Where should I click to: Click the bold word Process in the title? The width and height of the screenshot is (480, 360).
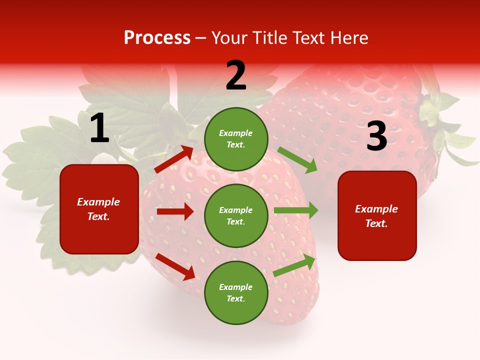coord(157,38)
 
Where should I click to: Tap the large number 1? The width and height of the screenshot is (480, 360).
coord(99,129)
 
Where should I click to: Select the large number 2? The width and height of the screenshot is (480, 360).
coord(236,75)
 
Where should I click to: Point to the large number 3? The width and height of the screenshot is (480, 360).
coord(376,136)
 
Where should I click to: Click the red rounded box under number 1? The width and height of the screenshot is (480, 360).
coord(99,209)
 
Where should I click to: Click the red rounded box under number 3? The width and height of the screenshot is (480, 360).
coord(377,215)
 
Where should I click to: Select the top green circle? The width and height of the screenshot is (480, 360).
coord(236,139)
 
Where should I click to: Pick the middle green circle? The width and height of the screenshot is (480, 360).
coord(236,215)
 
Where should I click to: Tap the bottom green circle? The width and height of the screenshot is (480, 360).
coord(236,292)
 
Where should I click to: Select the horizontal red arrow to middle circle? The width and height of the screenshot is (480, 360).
coord(175,211)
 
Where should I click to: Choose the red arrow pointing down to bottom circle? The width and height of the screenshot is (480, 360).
coord(175,266)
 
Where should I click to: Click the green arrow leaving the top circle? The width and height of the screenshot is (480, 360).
coord(297,160)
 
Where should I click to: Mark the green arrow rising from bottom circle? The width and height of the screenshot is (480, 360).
coord(294,265)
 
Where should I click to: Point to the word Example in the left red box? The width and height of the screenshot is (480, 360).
coord(98,202)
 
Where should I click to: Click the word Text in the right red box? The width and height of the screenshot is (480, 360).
coord(375,223)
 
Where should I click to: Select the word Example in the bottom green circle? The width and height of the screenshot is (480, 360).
coord(235,287)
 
